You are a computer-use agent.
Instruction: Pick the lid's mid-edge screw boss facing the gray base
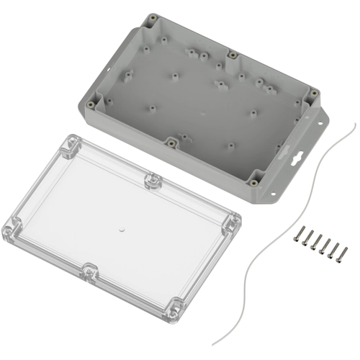[152, 180]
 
